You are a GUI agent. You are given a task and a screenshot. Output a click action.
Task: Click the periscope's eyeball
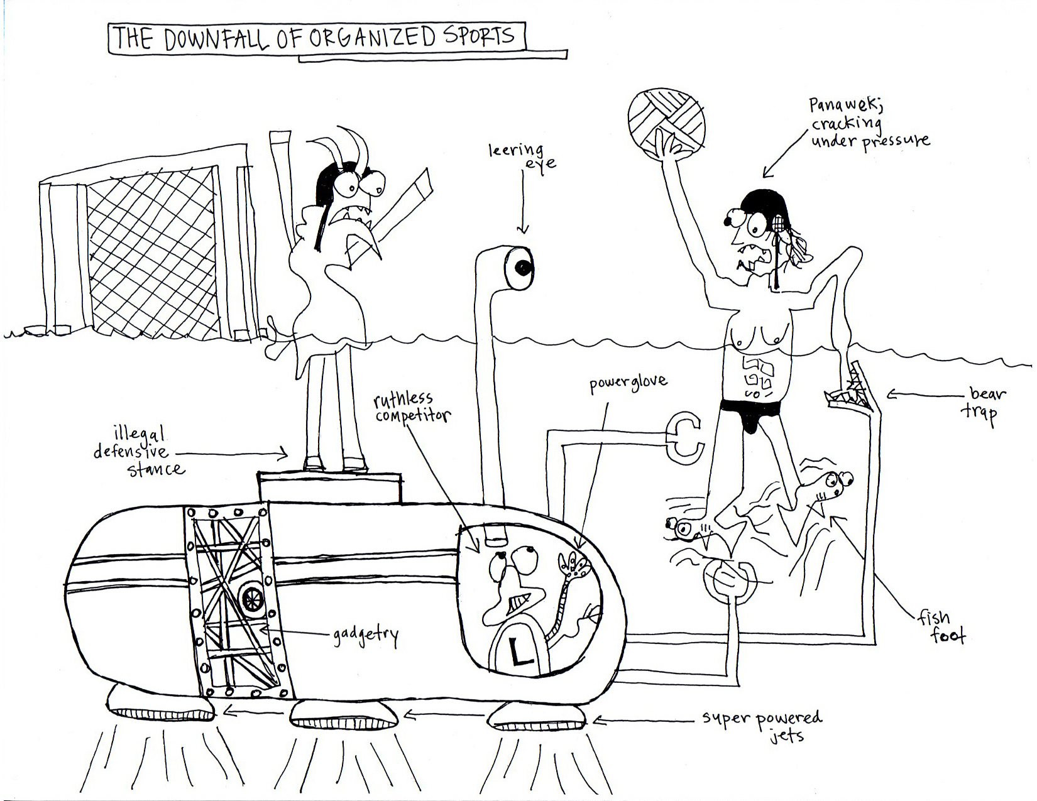(522, 268)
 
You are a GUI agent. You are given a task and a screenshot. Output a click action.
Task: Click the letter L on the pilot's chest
(520, 653)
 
